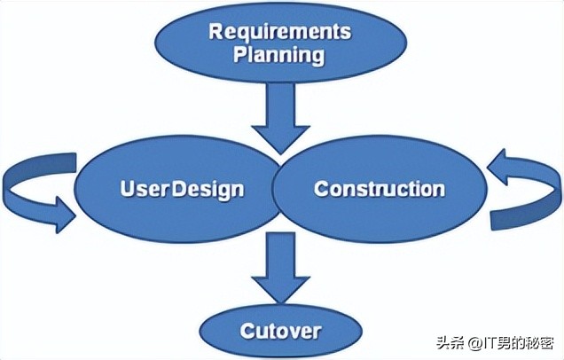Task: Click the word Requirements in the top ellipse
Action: pyautogui.click(x=279, y=32)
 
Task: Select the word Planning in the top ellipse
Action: pyautogui.click(x=278, y=55)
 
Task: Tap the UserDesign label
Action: pyautogui.click(x=182, y=189)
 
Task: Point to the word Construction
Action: pyautogui.click(x=380, y=189)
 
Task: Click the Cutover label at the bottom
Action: pyautogui.click(x=280, y=332)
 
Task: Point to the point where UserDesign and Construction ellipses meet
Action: pyautogui.click(x=278, y=189)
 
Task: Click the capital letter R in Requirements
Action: pyautogui.click(x=215, y=32)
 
